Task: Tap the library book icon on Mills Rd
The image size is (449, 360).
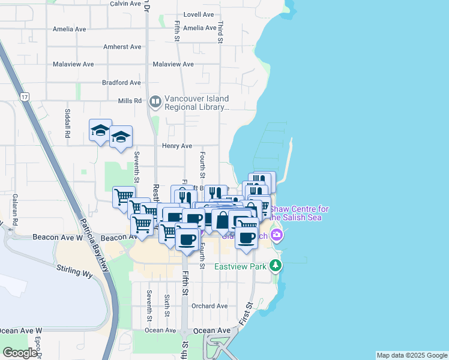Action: tap(155, 102)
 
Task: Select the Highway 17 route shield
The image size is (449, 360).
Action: tap(24, 97)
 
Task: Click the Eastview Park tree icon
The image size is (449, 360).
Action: tap(275, 265)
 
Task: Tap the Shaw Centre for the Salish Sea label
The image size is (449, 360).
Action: tap(299, 213)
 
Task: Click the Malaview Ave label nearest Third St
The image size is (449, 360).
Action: tap(173, 64)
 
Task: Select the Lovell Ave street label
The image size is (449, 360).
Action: tap(199, 14)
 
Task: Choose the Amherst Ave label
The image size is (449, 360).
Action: tap(122, 47)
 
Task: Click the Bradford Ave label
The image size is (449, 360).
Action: tap(121, 83)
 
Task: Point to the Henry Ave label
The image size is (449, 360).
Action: tap(176, 146)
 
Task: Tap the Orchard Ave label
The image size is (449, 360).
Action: tap(209, 306)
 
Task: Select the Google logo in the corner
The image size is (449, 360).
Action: tap(20, 353)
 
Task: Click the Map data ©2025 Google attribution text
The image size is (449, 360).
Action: tap(412, 355)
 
